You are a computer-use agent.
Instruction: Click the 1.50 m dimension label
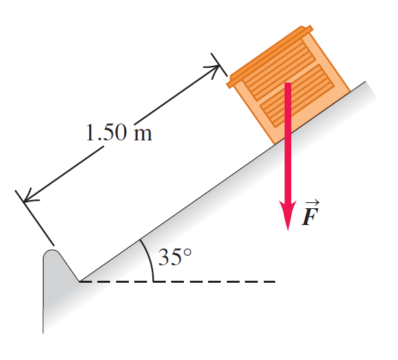[119, 132]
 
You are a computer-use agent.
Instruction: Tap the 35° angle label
[175, 257]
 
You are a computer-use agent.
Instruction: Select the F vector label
[311, 213]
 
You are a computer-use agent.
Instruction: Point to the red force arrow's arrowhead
[288, 216]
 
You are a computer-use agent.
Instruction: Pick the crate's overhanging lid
[270, 56]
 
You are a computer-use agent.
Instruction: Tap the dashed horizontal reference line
[177, 281]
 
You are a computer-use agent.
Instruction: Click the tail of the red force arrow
[288, 83]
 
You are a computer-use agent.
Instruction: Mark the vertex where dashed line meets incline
[79, 281]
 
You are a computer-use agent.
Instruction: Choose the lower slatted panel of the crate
[297, 95]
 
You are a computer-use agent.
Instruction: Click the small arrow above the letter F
[312, 203]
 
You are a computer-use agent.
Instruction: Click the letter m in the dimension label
[143, 134]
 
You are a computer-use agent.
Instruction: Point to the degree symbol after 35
[187, 253]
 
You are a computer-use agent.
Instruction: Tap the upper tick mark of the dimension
[219, 64]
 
